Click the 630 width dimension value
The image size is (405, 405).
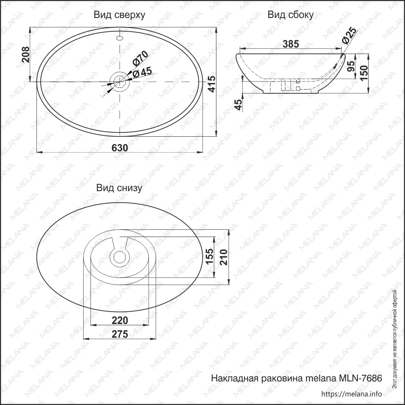tap(120, 148)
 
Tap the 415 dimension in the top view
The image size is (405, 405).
tap(212, 84)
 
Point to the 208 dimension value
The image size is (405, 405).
tap(25, 54)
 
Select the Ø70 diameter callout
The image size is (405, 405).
tap(140, 58)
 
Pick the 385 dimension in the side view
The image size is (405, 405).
tap(291, 44)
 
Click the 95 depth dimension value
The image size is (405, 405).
tap(351, 66)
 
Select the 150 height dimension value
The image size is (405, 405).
tap(364, 73)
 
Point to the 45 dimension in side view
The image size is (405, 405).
tap(239, 105)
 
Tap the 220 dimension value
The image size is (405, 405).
tap(120, 321)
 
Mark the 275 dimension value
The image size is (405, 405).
tap(120, 334)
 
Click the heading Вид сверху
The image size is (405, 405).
tap(119, 15)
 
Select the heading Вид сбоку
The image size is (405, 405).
tap(290, 15)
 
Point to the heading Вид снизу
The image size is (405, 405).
tap(119, 188)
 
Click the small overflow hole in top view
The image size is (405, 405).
tap(120, 39)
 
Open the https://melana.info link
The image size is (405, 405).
tap(351, 393)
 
